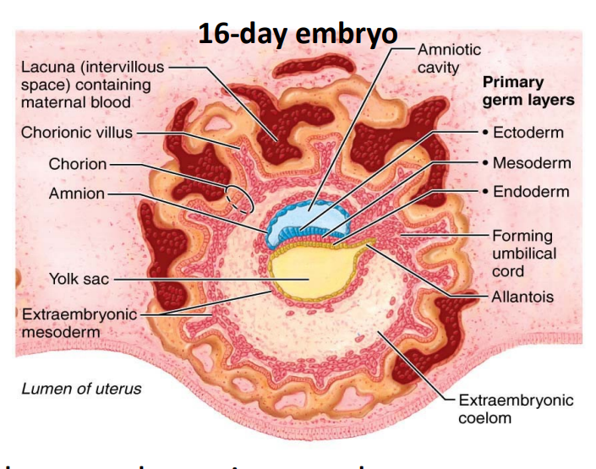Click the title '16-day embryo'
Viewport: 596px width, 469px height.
click(x=298, y=34)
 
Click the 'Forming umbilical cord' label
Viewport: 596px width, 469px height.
click(x=523, y=254)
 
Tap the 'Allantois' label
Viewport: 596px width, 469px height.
click(x=522, y=297)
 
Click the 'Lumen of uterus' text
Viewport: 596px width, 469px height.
click(x=81, y=389)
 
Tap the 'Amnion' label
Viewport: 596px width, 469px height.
click(x=76, y=194)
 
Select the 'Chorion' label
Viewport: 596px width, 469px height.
click(x=77, y=164)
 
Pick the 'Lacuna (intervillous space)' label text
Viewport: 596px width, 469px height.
click(x=93, y=84)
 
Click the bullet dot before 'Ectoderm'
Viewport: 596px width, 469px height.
click(x=485, y=133)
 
